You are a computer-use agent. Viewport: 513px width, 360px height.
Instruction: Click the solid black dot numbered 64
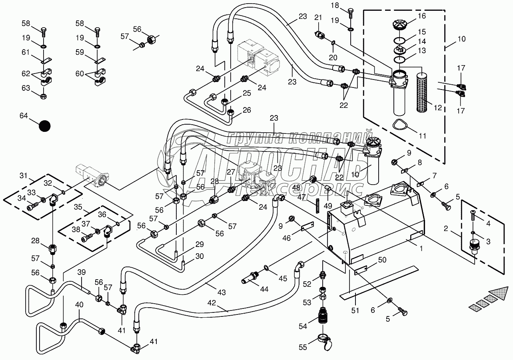(45, 126)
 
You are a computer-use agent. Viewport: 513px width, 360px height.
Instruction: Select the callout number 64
(24, 116)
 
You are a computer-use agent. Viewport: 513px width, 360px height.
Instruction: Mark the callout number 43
(221, 292)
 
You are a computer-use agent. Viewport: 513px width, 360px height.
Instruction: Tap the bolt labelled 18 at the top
(350, 13)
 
